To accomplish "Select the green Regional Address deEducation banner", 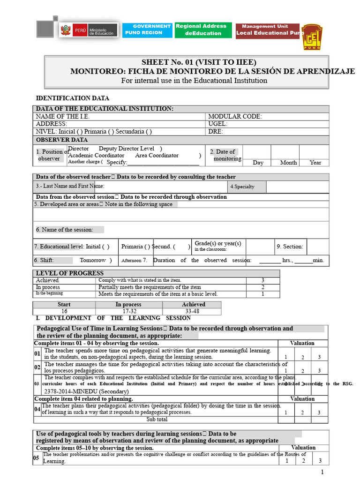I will tap(203, 30).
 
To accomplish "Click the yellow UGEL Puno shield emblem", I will tap(311, 37).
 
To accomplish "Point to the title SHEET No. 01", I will tap(199, 62).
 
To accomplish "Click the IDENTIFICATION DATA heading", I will tap(73, 98).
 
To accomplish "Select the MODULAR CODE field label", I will tap(235, 117).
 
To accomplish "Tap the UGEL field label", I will tap(217, 124).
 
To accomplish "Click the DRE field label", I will tap(216, 132).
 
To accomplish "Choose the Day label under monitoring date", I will tap(258, 163).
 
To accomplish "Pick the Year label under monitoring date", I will tap(315, 163).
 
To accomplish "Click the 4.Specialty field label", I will tap(242, 187).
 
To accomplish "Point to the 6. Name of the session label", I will tap(65, 230).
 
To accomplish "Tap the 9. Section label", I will tap(290, 247).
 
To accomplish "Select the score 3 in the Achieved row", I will tap(262, 280).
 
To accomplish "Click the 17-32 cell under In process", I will tap(129, 311).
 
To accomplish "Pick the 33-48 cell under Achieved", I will tap(192, 311).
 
